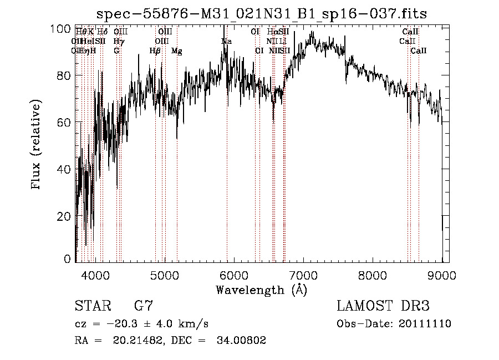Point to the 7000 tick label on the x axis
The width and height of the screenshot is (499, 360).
tap(303, 275)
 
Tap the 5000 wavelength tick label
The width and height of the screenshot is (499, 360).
tap(164, 275)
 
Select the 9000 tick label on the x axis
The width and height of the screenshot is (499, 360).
tap(442, 275)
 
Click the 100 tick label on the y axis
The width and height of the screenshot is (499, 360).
tap(64, 29)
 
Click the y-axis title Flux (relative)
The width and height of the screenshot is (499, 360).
tap(37, 145)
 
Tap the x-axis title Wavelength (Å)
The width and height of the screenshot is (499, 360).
tap(261, 290)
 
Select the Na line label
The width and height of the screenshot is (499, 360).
tap(226, 42)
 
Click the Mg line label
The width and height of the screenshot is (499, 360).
tap(176, 51)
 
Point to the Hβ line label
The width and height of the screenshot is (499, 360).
tap(155, 51)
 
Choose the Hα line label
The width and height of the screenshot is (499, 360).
tap(272, 32)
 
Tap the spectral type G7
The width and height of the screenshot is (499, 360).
tap(143, 306)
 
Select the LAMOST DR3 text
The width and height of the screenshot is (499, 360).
tap(383, 306)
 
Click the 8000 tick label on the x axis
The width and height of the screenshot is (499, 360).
tap(373, 275)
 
